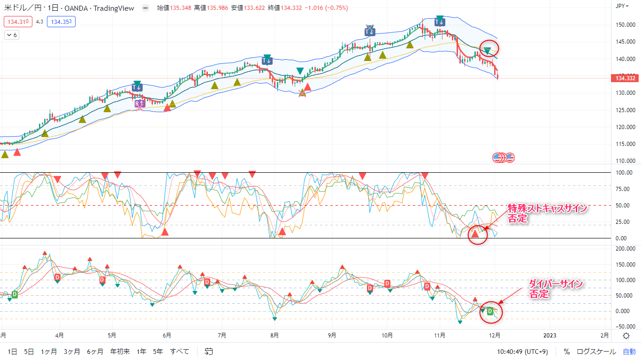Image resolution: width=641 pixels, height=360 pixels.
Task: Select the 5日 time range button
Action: (29, 351)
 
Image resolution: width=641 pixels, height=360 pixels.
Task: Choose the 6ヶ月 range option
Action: (95, 351)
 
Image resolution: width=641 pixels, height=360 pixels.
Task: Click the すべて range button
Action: (180, 351)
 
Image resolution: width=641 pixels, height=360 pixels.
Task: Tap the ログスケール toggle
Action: (596, 351)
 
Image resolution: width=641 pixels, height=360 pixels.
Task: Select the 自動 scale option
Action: (629, 351)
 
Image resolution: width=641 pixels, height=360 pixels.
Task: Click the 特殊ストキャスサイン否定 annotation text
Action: (547, 214)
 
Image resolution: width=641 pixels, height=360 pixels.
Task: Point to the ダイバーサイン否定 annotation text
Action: (556, 289)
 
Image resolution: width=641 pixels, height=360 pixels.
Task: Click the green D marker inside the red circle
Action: (490, 311)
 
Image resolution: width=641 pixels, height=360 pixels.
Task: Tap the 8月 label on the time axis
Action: (275, 336)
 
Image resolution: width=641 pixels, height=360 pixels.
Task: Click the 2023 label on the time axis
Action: (549, 336)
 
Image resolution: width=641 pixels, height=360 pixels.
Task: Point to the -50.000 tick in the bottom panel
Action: (626, 326)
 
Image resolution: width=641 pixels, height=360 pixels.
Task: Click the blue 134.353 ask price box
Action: (61, 22)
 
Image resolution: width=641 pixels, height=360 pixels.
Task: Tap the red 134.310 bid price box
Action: (17, 22)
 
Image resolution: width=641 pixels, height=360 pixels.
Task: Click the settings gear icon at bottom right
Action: (626, 336)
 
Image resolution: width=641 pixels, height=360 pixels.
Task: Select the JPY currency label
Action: (621, 6)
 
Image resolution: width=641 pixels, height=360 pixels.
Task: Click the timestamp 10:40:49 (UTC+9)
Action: (522, 351)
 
